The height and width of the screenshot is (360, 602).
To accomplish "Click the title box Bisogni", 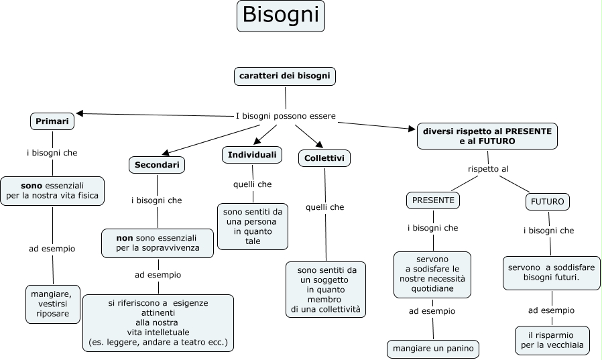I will coord(280,16).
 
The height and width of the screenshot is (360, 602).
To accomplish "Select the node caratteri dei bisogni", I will coord(284,76).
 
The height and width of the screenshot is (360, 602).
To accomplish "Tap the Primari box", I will coord(52,121).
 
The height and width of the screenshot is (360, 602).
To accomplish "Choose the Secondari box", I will coord(157,164).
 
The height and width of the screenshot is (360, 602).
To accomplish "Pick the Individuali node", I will coord(252,155).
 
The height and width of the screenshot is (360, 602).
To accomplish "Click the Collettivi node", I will coord(324,158).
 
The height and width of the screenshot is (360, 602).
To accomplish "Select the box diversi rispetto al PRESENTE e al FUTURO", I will coord(487,136).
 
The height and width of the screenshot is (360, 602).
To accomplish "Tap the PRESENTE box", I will coord(433,200).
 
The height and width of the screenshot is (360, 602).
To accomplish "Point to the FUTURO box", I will coord(548,201).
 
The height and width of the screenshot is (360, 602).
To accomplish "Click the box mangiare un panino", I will coord(432,349).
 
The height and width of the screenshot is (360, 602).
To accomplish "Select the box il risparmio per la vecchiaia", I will coord(552,341).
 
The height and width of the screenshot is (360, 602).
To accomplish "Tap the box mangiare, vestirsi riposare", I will coord(53,303).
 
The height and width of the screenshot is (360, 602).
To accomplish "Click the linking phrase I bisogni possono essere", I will coord(286,115).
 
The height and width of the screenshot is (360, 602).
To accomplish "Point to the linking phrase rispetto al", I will coord(487,169).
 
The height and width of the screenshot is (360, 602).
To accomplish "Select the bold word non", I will coord(125,237).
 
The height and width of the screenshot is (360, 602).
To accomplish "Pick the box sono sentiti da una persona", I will coord(253,226).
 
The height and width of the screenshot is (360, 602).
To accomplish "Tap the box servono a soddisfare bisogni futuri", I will coord(551,272).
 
